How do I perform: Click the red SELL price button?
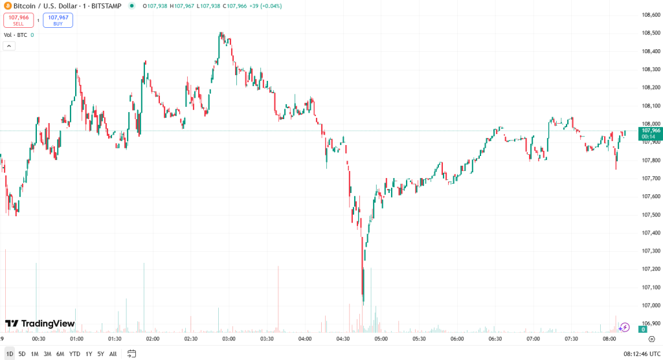click(x=18, y=20)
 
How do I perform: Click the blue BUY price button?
click(x=58, y=20)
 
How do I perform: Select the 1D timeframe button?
click(x=9, y=354)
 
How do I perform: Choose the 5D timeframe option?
click(x=22, y=354)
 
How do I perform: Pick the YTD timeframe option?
click(x=74, y=354)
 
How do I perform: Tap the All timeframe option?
click(x=113, y=354)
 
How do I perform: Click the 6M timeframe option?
click(x=60, y=354)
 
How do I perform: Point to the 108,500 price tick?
click(x=650, y=33)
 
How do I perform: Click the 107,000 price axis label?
click(x=650, y=305)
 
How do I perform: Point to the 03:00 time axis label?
click(x=229, y=339)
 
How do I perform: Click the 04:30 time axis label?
click(x=343, y=339)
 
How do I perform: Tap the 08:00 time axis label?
click(x=609, y=339)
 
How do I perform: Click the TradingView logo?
click(x=40, y=324)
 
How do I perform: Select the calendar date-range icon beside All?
click(x=131, y=354)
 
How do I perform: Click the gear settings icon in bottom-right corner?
click(x=650, y=339)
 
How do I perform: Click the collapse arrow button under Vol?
click(x=9, y=46)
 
